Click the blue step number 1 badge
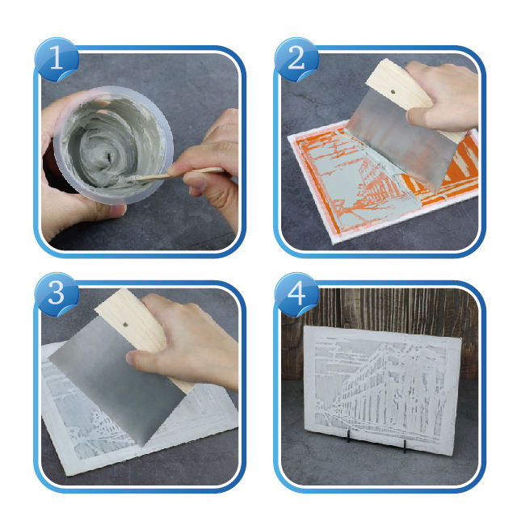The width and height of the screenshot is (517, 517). pyautogui.click(x=57, y=59)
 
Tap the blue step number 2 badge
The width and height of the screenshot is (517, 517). pyautogui.click(x=296, y=59)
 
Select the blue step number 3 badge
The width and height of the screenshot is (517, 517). pyautogui.click(x=57, y=294)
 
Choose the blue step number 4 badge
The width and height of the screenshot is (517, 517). pyautogui.click(x=296, y=294)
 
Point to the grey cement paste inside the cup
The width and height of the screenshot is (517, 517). pyautogui.click(x=109, y=145)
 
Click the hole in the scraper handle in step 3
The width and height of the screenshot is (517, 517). pyautogui.click(x=125, y=325)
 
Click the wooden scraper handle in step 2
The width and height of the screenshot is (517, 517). pyautogui.click(x=402, y=89)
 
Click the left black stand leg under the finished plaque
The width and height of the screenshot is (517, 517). pyautogui.click(x=348, y=436)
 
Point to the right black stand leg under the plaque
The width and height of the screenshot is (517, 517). pyautogui.click(x=405, y=446)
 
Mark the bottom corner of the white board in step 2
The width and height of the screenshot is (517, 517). pyautogui.click(x=334, y=243)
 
